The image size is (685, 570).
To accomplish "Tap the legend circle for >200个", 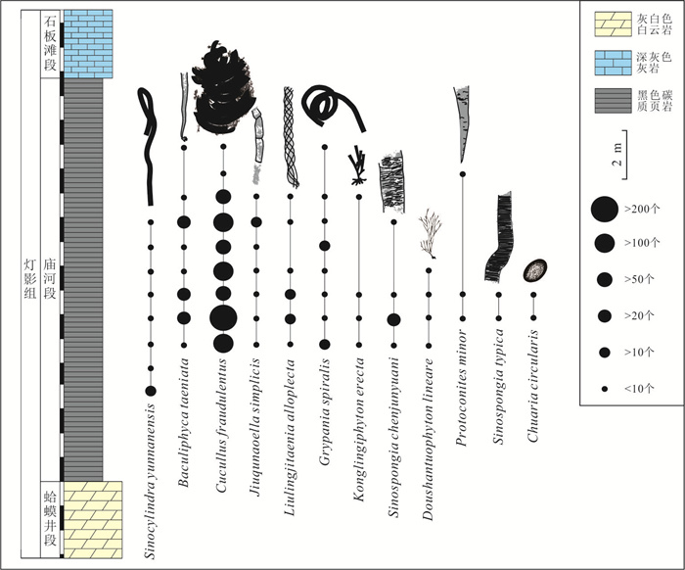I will click(x=605, y=208).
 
